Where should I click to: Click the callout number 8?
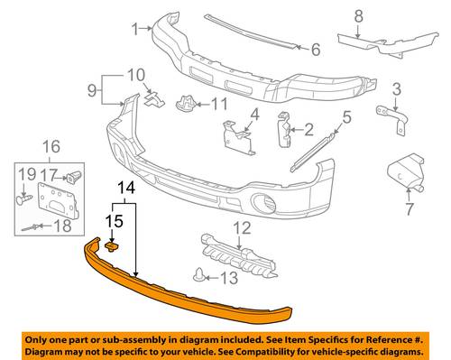(359, 15)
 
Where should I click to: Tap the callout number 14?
(126, 189)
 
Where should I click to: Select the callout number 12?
(243, 228)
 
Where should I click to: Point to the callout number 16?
(51, 147)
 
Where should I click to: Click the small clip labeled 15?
(112, 247)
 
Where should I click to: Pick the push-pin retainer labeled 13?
(198, 274)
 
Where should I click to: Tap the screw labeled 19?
(24, 199)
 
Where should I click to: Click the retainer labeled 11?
(186, 103)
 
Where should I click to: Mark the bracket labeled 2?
(284, 129)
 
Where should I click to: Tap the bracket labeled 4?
(239, 137)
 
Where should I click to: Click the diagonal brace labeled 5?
(313, 152)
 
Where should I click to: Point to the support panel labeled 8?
(388, 43)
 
